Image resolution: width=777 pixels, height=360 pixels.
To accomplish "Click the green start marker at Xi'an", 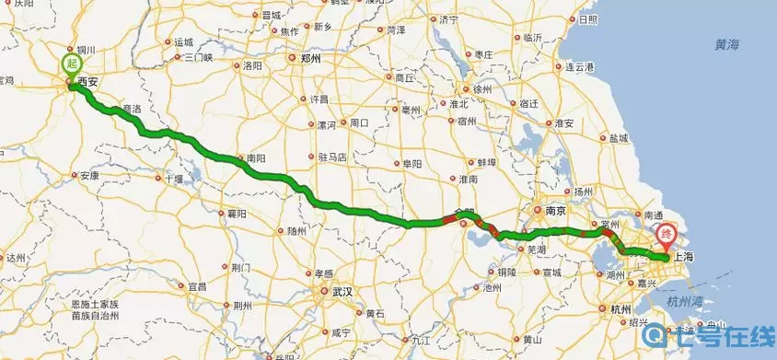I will coord(72,64).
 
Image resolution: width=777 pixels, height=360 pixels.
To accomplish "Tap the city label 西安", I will coord(87,82).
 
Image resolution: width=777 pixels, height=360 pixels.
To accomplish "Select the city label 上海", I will coord(682,258).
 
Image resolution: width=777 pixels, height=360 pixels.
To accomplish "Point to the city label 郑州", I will coord(310,57).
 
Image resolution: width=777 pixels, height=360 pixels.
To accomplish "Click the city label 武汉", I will coord(342,291).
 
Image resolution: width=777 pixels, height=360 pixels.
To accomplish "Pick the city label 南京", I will coord(554,210).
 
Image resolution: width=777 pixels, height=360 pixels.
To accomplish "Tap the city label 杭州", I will coord(621,309).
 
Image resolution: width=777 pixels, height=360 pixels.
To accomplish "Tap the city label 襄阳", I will coord(238,214).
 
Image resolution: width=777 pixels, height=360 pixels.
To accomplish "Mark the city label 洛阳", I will coord(251,66).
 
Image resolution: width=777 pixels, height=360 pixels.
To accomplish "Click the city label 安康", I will coord(89,175).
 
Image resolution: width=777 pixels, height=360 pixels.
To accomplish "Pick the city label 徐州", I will coord(481,88).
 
